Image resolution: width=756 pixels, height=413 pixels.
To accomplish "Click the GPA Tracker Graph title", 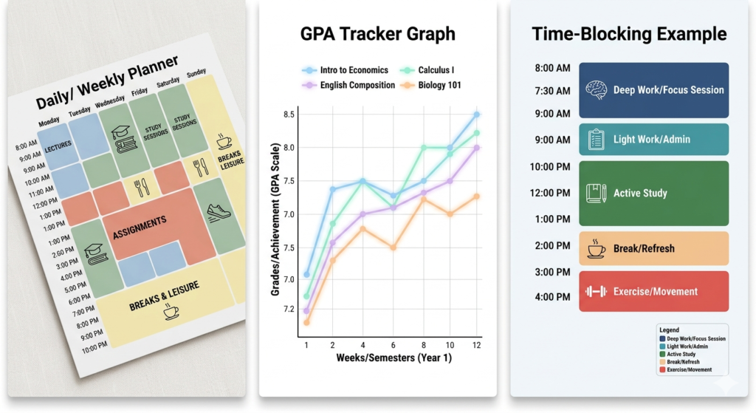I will tap(377, 34).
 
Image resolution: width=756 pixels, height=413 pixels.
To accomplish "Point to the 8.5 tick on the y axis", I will tap(288, 115).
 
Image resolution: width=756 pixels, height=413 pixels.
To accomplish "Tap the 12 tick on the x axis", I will tap(476, 345).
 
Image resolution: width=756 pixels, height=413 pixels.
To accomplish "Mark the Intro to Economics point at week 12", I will tap(476, 115).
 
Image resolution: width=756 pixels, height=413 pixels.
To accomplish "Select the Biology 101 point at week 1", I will tap(306, 322).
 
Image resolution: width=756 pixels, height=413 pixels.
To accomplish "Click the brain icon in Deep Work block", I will tap(596, 90).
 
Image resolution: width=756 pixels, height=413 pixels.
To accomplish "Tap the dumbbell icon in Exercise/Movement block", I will tap(596, 291).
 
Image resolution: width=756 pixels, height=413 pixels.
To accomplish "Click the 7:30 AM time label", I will tap(552, 91).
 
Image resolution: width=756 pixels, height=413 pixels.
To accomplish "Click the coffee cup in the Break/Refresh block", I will tap(596, 248).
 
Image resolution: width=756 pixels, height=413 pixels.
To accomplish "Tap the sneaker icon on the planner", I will tap(219, 212).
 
